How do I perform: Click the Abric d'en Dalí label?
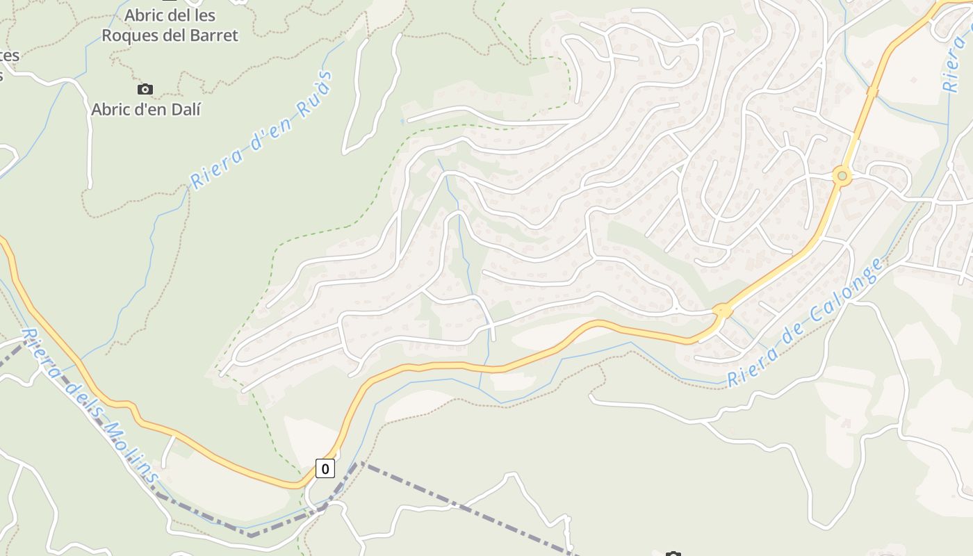146,109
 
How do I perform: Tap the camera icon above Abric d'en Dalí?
145,89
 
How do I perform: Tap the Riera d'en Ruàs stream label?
261,130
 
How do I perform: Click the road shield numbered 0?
325,468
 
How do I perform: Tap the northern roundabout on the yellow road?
842,176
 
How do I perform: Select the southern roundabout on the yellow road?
723,311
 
